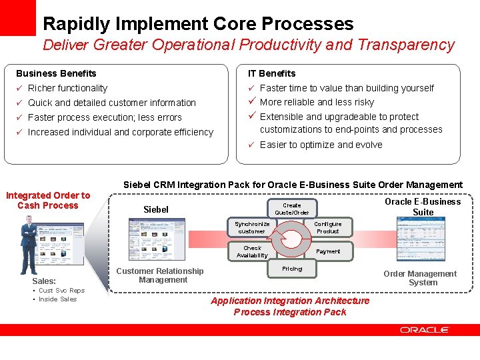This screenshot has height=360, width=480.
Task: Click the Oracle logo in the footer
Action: tap(425, 330)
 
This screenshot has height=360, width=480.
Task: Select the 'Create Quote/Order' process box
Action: tap(292, 209)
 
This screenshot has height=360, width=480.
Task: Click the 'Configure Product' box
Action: tap(327, 227)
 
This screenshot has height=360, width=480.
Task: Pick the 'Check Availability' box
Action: tap(253, 251)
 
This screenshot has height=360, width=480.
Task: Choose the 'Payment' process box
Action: tap(327, 251)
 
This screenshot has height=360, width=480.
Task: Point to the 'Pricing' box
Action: tap(292, 269)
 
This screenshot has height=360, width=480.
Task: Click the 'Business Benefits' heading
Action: tap(56, 73)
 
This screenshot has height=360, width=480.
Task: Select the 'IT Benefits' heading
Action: tap(271, 73)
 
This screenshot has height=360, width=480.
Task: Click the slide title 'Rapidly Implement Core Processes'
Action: tap(198, 24)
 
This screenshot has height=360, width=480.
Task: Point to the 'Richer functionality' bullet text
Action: tap(67, 88)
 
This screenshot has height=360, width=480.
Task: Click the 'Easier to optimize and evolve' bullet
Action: tap(321, 145)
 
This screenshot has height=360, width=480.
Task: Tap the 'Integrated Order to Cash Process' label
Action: tap(48, 200)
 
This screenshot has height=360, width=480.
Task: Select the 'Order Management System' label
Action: tap(420, 278)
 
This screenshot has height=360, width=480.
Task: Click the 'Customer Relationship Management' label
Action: tap(160, 275)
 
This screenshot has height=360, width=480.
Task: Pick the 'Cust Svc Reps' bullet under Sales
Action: tap(61, 290)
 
